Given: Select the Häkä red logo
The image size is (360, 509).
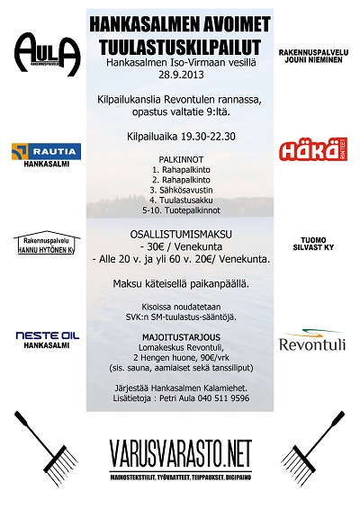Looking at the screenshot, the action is (x=310, y=150).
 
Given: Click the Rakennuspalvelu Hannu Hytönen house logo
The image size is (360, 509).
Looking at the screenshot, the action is (x=48, y=243).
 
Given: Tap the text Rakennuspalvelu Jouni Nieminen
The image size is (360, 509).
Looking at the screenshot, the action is (x=310, y=56).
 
